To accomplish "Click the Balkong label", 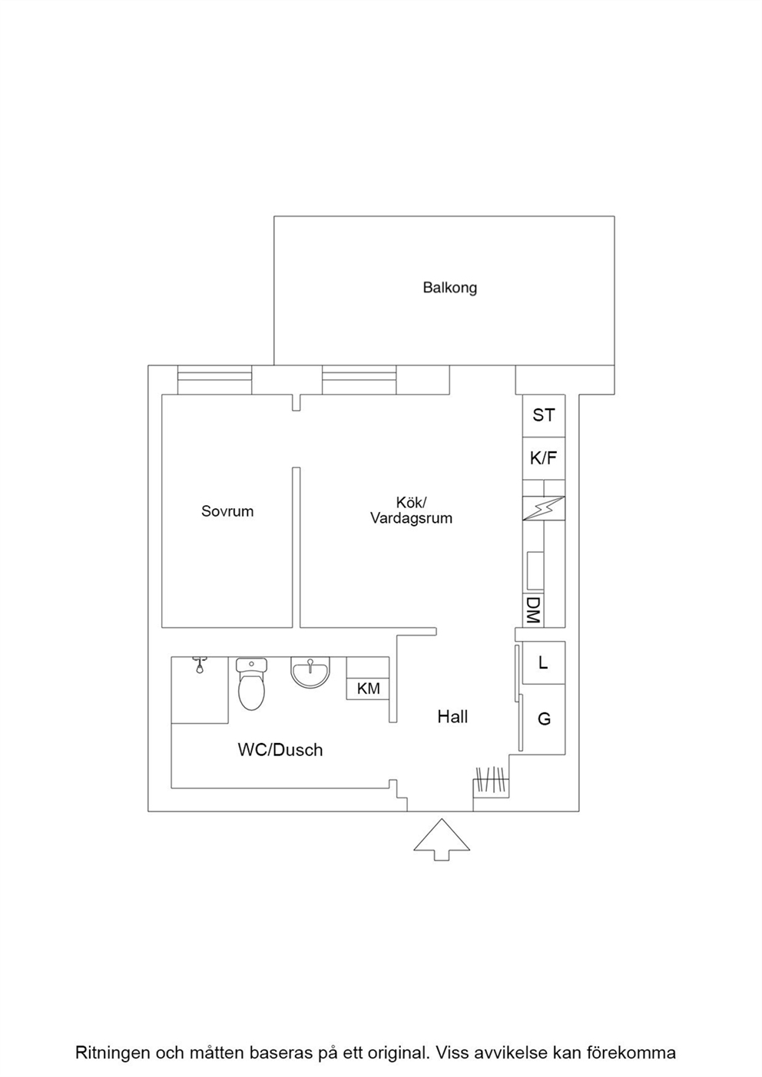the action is click(x=450, y=288).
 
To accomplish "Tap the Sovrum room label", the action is click(x=227, y=511).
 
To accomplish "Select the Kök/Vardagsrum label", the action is click(x=411, y=510).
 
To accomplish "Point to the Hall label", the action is click(x=452, y=717).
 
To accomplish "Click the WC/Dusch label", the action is click(x=280, y=750).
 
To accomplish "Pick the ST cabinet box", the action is click(x=544, y=415).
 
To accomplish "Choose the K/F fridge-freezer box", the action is click(x=544, y=458).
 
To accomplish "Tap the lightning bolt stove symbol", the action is click(x=544, y=508).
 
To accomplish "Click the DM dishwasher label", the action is click(x=533, y=610).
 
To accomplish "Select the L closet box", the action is click(x=544, y=662).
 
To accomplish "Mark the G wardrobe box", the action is click(x=544, y=719).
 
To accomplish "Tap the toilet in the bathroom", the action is click(x=251, y=684).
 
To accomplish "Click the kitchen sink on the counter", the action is click(x=535, y=570).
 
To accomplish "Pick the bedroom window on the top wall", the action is click(x=214, y=380).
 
